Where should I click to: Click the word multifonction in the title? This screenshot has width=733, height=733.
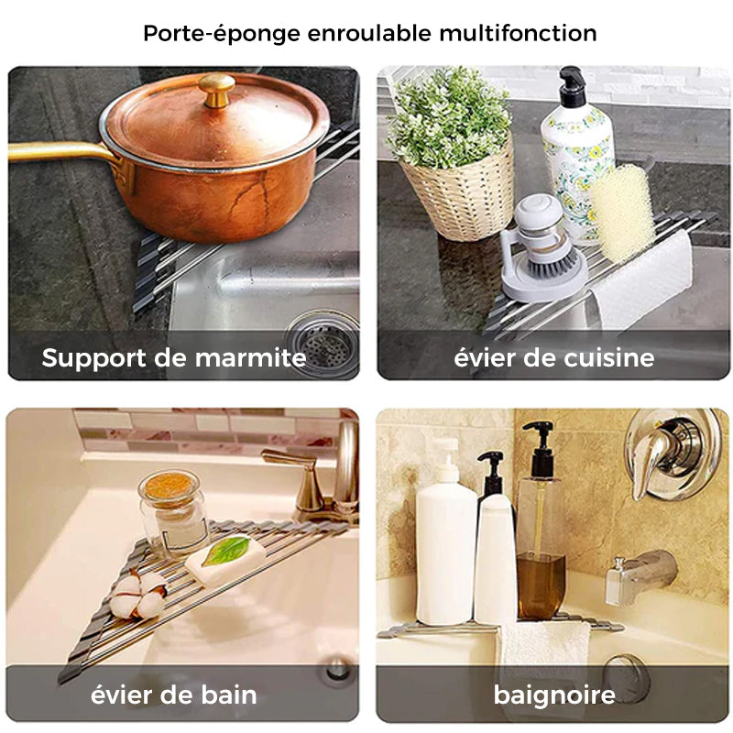[x=518, y=33]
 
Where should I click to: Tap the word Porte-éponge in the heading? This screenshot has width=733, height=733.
[x=222, y=34]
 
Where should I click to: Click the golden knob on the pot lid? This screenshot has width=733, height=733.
[x=216, y=90]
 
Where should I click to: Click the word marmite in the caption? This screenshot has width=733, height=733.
[x=250, y=358]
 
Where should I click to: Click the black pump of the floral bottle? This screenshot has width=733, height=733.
[x=573, y=85]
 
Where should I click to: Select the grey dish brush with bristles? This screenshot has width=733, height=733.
[x=542, y=248]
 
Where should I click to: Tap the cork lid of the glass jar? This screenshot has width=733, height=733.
[x=170, y=487]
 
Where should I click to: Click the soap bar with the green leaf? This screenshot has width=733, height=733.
[x=225, y=559]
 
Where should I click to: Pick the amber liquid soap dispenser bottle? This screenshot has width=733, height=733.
[x=541, y=522]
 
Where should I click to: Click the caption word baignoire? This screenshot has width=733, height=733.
[x=554, y=695]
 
